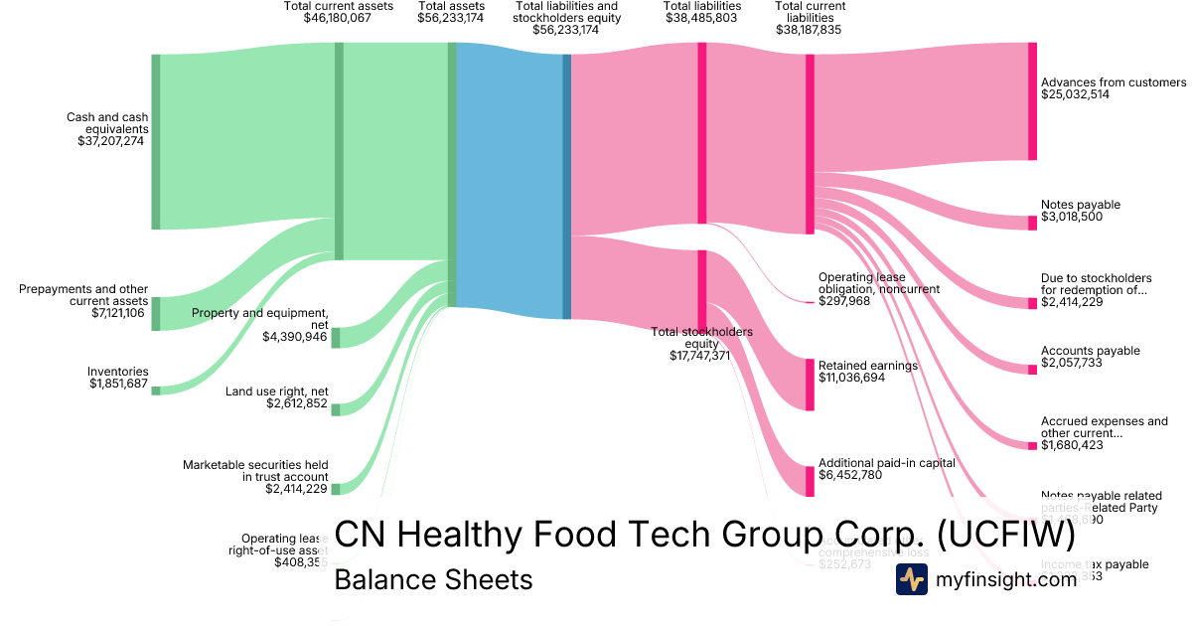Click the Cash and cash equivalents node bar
click(155, 142)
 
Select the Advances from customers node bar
click(1032, 101)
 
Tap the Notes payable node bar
click(1032, 223)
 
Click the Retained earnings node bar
click(810, 384)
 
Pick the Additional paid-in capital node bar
click(810, 481)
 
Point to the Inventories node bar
click(155, 391)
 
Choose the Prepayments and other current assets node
click(155, 313)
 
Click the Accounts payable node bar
click(1032, 370)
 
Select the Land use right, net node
click(335, 410)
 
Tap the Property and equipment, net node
click(335, 338)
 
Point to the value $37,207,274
click(111, 141)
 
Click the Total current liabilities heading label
click(810, 18)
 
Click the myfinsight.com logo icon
click(912, 579)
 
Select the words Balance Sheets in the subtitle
click(433, 579)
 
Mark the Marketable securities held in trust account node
click(335, 489)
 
